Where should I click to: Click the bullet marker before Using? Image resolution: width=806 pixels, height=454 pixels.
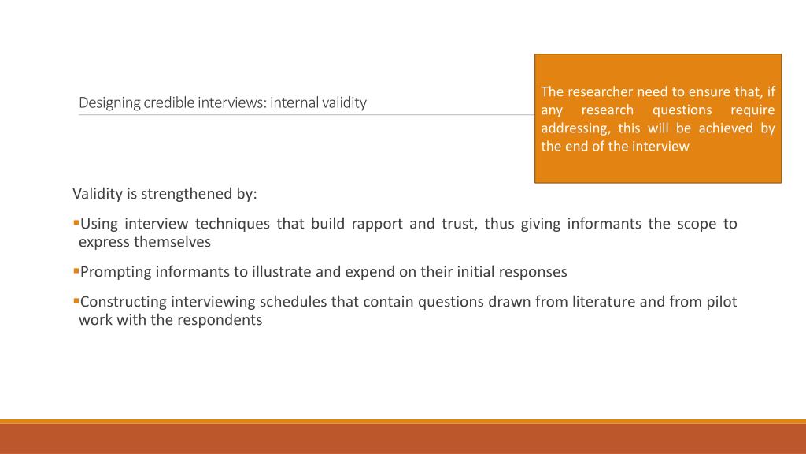click(76, 223)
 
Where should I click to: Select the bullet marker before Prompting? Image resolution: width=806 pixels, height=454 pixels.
click(76, 271)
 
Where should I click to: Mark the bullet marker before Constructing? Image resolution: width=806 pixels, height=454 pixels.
click(76, 300)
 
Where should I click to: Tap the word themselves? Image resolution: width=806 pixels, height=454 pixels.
click(172, 242)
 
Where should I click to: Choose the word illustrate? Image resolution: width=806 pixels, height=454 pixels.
click(282, 272)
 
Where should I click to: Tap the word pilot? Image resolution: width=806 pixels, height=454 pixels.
click(721, 301)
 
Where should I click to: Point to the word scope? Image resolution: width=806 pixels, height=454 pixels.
click(694, 224)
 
